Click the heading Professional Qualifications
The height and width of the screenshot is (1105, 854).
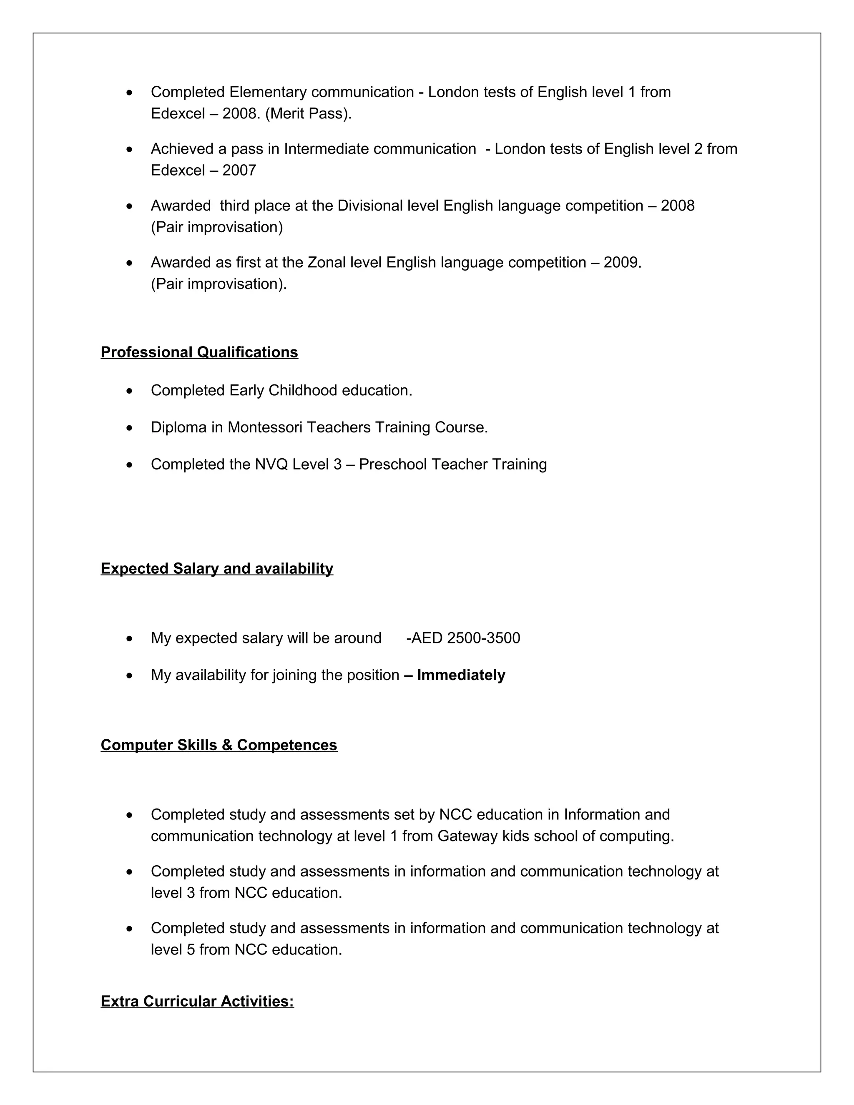coord(199,352)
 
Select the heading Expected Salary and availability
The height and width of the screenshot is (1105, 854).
coord(216,568)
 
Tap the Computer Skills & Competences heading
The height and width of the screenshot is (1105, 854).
coord(219,745)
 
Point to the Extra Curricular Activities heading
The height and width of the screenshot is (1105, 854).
coord(197,1001)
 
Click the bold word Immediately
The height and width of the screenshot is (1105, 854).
coord(461,675)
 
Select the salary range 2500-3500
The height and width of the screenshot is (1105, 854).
coord(484,638)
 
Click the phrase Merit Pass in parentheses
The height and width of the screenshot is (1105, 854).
coord(308,113)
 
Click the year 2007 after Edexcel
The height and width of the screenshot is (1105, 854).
coord(239,170)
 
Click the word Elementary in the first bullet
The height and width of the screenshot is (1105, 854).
coord(268,92)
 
